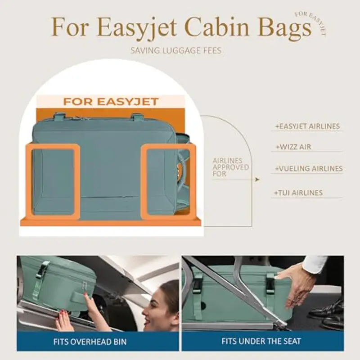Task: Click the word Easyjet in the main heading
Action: [x=137, y=28]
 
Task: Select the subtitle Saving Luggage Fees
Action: [x=176, y=50]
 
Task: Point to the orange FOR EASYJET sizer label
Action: [x=111, y=102]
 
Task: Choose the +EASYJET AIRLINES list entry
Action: [x=307, y=126]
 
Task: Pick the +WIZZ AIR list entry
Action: [x=293, y=147]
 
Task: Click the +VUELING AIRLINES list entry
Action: [x=309, y=168]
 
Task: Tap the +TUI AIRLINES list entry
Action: [x=298, y=193]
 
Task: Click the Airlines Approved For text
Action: [x=230, y=167]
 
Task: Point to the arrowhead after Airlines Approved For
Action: [x=257, y=179]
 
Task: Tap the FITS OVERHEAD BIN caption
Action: [x=90, y=342]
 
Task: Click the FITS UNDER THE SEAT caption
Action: [x=261, y=341]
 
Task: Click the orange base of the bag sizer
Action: [x=111, y=222]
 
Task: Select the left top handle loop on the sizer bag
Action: [x=60, y=117]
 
